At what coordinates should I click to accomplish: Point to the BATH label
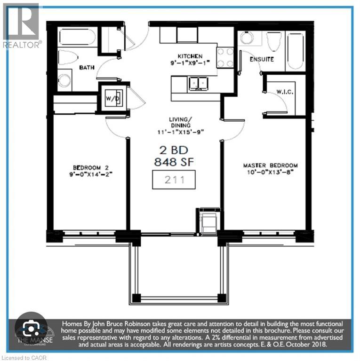pos(87,67)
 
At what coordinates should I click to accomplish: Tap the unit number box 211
pos(174,179)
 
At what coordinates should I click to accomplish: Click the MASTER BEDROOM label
pos(270,166)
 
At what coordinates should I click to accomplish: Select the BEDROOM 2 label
pos(91,167)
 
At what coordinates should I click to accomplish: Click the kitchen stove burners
pos(225,57)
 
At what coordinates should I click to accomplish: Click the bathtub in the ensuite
pos(295,50)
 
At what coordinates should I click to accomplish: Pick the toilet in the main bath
pos(70,57)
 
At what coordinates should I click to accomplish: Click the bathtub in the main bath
pos(77,37)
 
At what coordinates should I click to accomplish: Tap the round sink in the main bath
pos(64,79)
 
